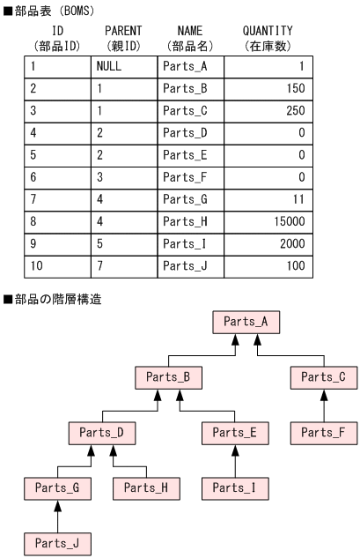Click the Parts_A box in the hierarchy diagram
246,322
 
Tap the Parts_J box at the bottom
57,543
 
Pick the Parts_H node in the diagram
146,487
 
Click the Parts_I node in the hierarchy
235,487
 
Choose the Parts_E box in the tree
235,433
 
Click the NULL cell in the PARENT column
124,67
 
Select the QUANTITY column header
268,37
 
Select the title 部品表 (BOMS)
48,9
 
